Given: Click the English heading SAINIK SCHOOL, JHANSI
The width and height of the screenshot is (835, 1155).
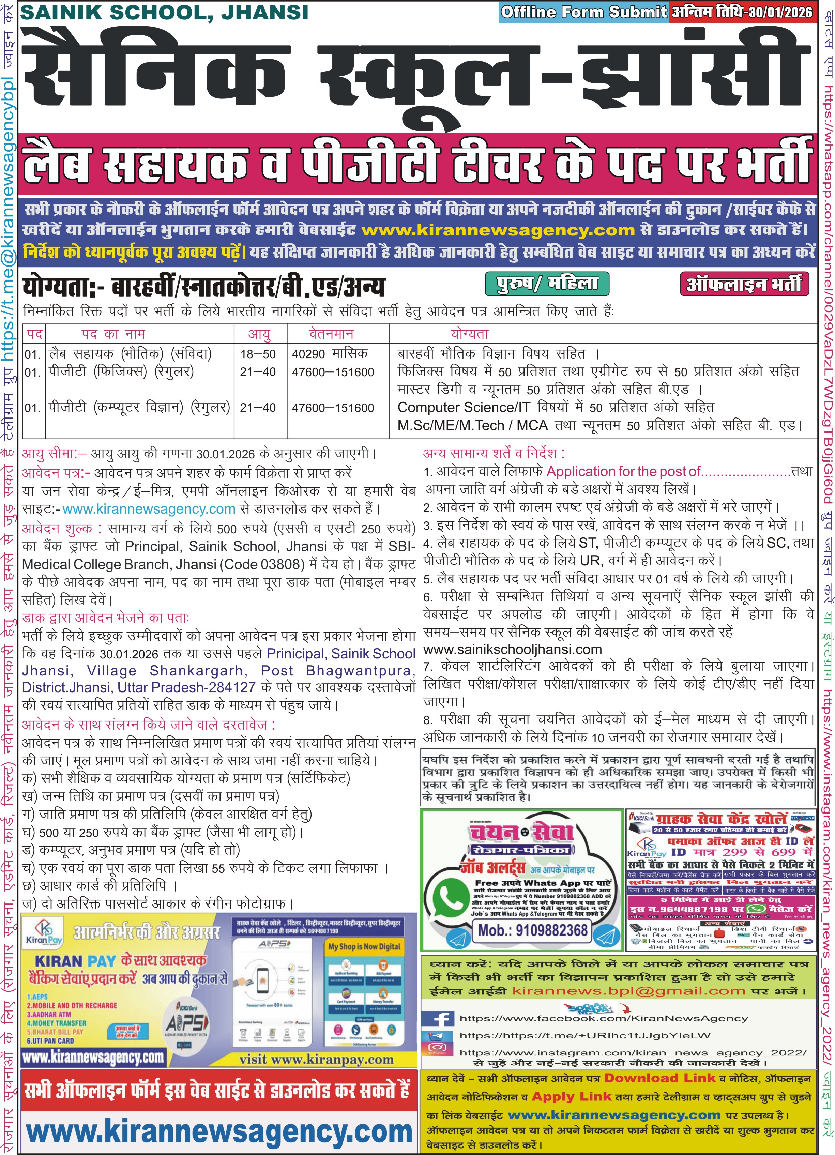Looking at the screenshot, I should click(164, 13).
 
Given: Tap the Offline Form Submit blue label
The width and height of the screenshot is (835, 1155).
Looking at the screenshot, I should click(583, 12).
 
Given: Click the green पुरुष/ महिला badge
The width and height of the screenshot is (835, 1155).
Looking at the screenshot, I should click(547, 283).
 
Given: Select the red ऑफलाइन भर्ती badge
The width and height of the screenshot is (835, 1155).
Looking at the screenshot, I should click(744, 284).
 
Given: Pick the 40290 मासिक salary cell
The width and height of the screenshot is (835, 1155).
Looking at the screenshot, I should click(330, 353).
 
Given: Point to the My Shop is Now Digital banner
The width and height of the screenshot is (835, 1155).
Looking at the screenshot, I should click(364, 946).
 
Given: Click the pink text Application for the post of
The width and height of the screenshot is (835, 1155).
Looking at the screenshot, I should click(623, 472).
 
